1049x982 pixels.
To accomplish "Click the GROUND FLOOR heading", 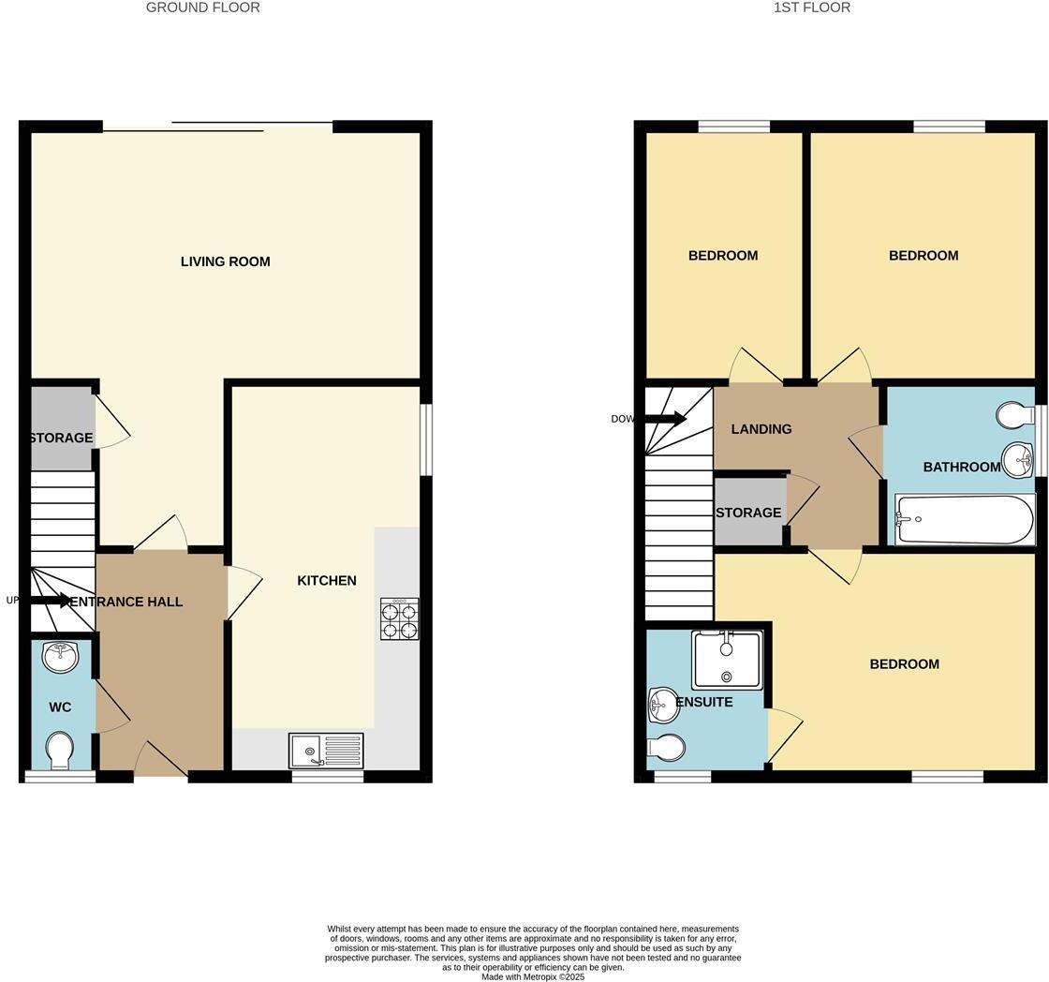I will [x=202, y=7].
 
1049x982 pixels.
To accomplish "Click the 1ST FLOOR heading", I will [x=811, y=7].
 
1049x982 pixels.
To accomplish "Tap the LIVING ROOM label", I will [x=225, y=261].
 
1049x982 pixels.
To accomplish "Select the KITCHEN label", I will [x=326, y=581].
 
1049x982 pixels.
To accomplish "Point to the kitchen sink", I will [x=325, y=751].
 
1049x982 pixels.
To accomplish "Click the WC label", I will [x=60, y=707].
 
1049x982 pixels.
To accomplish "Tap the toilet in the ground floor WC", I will [x=60, y=750].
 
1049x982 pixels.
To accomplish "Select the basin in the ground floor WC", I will [x=61, y=657].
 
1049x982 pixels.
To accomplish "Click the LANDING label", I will [x=761, y=429].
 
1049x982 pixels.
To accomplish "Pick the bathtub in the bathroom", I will [x=965, y=519].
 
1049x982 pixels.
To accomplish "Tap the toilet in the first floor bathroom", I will [x=1014, y=415].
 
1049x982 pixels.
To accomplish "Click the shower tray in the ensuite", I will [x=727, y=661].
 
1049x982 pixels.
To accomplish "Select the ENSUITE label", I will [x=704, y=702].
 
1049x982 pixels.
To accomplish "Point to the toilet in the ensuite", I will [x=666, y=748].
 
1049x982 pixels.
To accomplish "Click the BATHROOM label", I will [x=961, y=467].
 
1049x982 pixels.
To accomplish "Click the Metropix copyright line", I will [x=532, y=976].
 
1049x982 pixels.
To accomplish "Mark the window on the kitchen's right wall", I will [x=426, y=439].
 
